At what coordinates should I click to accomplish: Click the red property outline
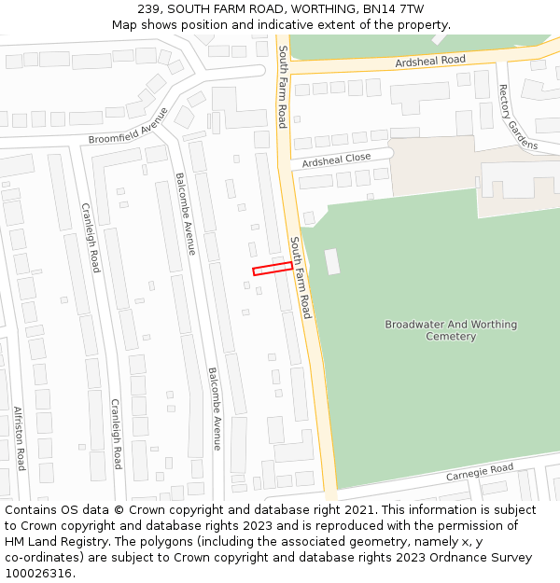pyautogui.click(x=273, y=269)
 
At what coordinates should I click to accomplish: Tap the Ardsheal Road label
pyautogui.click(x=429, y=61)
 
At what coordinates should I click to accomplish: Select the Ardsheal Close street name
pyautogui.click(x=336, y=160)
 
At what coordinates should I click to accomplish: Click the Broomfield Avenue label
pyautogui.click(x=129, y=126)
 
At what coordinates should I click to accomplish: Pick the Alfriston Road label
pyautogui.click(x=19, y=437)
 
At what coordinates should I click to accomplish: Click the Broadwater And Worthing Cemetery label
pyautogui.click(x=451, y=330)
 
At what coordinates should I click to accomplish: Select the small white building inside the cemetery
pyautogui.click(x=332, y=261)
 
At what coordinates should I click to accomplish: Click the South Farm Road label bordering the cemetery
pyautogui.click(x=300, y=277)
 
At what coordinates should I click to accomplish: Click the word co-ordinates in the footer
pyautogui.click(x=41, y=558)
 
